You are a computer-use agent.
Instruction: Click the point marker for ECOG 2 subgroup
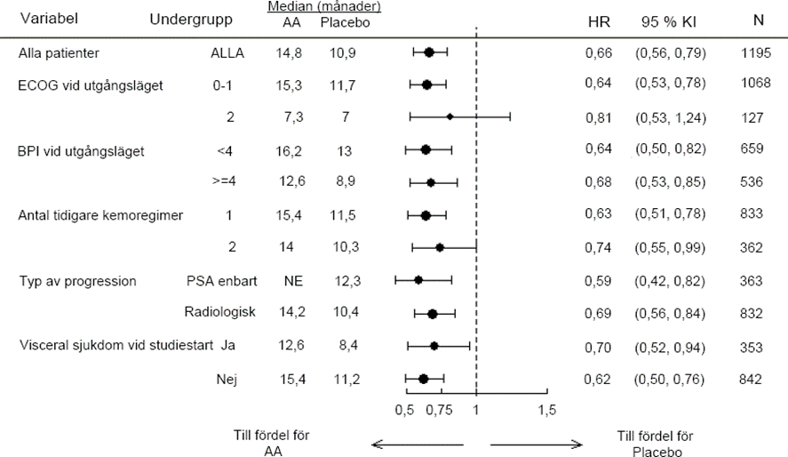(450, 116)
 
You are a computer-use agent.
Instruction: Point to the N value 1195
(755, 53)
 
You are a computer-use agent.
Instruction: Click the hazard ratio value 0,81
(599, 116)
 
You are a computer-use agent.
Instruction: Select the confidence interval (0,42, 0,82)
(670, 281)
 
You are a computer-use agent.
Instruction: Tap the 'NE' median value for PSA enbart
(293, 281)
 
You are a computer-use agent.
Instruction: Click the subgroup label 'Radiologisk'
(220, 313)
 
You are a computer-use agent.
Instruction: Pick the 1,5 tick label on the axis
(547, 410)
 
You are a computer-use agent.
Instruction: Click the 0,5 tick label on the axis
(404, 410)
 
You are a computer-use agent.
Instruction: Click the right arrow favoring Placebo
(536, 444)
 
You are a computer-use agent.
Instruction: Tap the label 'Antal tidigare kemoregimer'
(101, 216)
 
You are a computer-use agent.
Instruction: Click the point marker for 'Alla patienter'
(429, 53)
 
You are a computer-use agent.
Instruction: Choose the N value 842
(751, 380)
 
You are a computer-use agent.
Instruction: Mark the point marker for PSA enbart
(418, 281)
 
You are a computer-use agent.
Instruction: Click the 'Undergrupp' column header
(192, 20)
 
